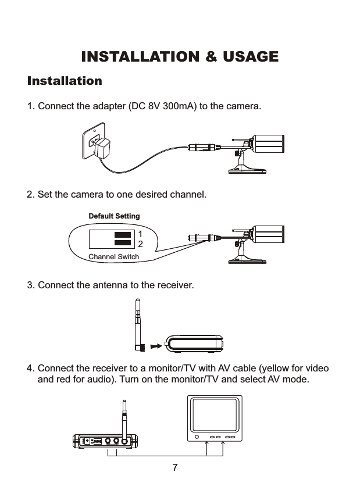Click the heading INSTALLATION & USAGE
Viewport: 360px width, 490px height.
pos(180,57)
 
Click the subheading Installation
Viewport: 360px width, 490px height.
pos(65,80)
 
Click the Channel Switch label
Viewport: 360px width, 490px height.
pos(113,256)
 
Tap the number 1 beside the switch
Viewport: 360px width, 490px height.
pos(140,234)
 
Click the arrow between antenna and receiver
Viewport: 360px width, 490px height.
pos(155,346)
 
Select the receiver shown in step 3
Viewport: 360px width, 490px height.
pos(194,344)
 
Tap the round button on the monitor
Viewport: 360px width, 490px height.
pos(197,437)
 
